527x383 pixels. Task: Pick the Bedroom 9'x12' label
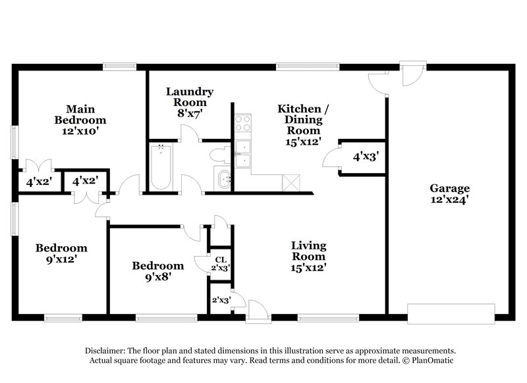[61, 253]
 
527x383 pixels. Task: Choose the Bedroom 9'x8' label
[158, 271]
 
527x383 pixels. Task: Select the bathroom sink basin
[224, 178]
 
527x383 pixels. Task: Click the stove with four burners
[243, 122]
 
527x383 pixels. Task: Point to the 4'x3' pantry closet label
[366, 157]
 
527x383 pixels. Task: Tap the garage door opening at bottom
[451, 313]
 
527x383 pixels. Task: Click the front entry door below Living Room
[258, 312]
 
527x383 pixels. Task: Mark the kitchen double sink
[243, 154]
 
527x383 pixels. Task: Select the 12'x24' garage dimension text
[451, 197]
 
